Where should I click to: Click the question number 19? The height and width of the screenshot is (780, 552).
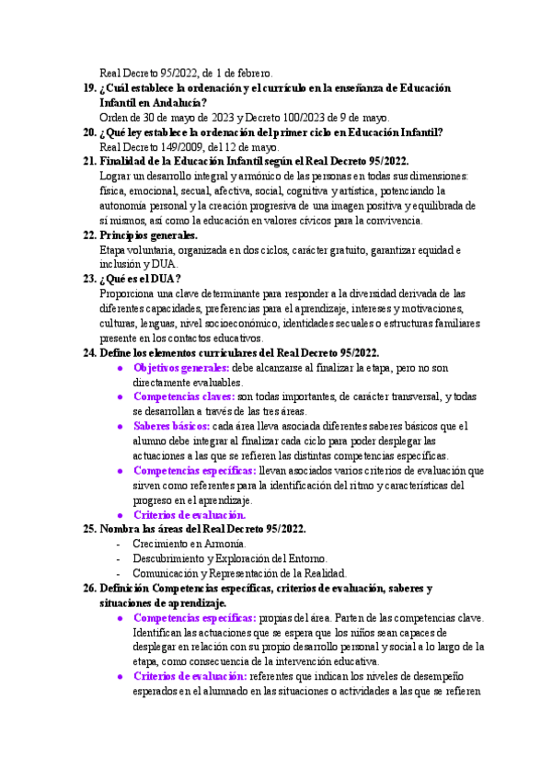[89, 88]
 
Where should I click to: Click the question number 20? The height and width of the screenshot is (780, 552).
[89, 132]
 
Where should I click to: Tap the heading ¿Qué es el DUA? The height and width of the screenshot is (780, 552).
[140, 280]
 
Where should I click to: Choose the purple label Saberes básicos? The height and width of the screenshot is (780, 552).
[170, 427]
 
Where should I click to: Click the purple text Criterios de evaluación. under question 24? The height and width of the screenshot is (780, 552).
[190, 515]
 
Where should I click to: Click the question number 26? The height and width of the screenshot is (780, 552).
[89, 589]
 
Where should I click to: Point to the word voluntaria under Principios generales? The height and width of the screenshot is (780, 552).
[153, 250]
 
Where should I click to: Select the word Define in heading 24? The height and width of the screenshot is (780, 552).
[119, 353]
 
